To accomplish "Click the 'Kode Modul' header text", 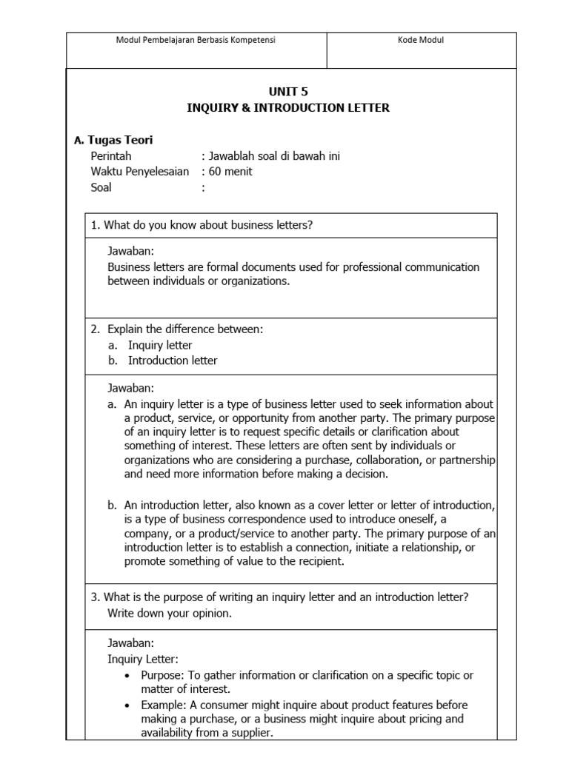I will [420, 41].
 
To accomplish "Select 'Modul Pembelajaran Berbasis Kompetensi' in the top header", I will [196, 41].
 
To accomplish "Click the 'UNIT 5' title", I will [288, 92].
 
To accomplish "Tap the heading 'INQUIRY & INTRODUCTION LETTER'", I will [288, 108].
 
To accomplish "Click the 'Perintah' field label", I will [110, 156].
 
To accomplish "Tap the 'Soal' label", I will [101, 187].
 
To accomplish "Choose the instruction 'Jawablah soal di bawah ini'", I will [275, 156].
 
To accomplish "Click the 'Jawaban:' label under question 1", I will [130, 252].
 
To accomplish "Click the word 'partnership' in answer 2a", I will [467, 460].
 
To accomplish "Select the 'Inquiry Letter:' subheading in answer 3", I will [142, 659].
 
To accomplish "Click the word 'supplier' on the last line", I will [250, 733].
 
